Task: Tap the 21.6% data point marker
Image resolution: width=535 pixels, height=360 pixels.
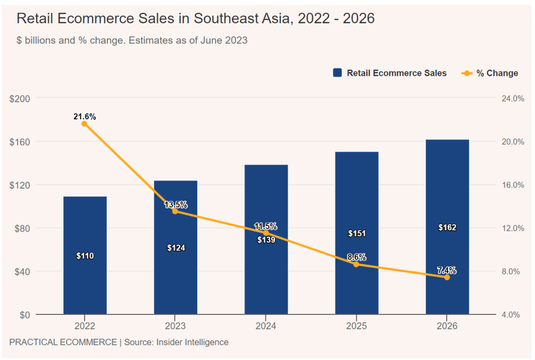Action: click(x=84, y=124)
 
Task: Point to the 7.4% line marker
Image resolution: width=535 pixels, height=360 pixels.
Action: click(x=447, y=277)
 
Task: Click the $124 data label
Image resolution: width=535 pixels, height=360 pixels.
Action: click(x=176, y=248)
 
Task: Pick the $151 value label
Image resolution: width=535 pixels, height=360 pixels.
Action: click(x=357, y=233)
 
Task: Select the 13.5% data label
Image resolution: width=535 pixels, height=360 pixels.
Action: click(x=176, y=205)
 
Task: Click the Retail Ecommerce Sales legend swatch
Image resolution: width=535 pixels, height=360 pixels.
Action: click(x=338, y=73)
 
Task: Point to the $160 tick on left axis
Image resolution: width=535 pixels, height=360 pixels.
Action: click(x=20, y=142)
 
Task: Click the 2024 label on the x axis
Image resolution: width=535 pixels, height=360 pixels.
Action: click(x=266, y=326)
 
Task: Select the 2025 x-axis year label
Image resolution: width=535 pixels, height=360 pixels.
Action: click(x=357, y=326)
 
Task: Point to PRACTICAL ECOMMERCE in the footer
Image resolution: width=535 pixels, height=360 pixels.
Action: click(x=63, y=342)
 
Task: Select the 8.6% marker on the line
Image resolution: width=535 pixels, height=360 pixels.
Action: click(x=356, y=264)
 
